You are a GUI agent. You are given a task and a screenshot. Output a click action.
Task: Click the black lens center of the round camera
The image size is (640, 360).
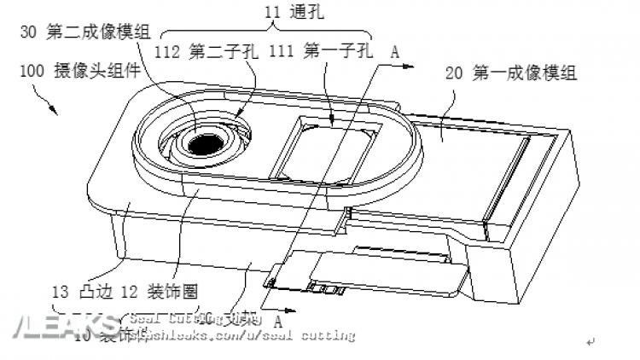[x=205, y=146]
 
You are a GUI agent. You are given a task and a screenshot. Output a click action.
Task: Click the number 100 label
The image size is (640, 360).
[x=30, y=72]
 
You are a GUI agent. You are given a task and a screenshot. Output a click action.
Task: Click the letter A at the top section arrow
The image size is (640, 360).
[x=394, y=50]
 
